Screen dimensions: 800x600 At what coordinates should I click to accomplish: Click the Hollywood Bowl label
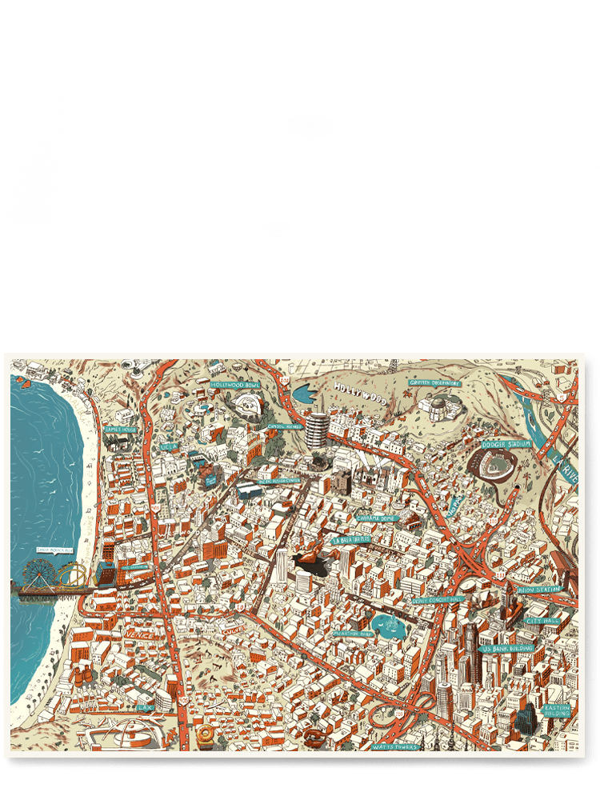tap(235, 385)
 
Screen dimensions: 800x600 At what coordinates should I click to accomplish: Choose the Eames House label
tap(120, 430)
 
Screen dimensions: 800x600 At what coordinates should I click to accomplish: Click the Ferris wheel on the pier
tap(38, 573)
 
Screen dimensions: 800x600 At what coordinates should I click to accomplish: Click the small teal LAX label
tap(145, 707)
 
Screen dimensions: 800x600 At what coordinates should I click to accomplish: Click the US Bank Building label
tap(507, 649)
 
